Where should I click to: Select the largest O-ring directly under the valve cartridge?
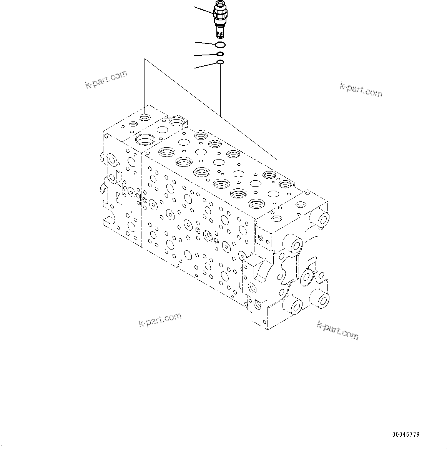click(x=221, y=45)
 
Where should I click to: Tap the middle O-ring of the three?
click(x=221, y=54)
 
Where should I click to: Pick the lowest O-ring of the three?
click(x=220, y=62)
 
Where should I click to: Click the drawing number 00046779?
click(x=405, y=435)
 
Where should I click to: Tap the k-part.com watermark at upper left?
click(x=106, y=80)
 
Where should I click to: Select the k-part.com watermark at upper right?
click(x=361, y=90)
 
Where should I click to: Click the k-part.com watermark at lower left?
click(x=160, y=320)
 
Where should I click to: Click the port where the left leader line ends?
click(x=145, y=117)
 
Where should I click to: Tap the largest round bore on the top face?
click(x=145, y=139)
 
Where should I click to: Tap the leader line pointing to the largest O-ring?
click(x=205, y=43)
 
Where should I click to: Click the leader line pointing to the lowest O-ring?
click(x=206, y=65)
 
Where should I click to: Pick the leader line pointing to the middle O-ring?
click(x=206, y=55)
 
